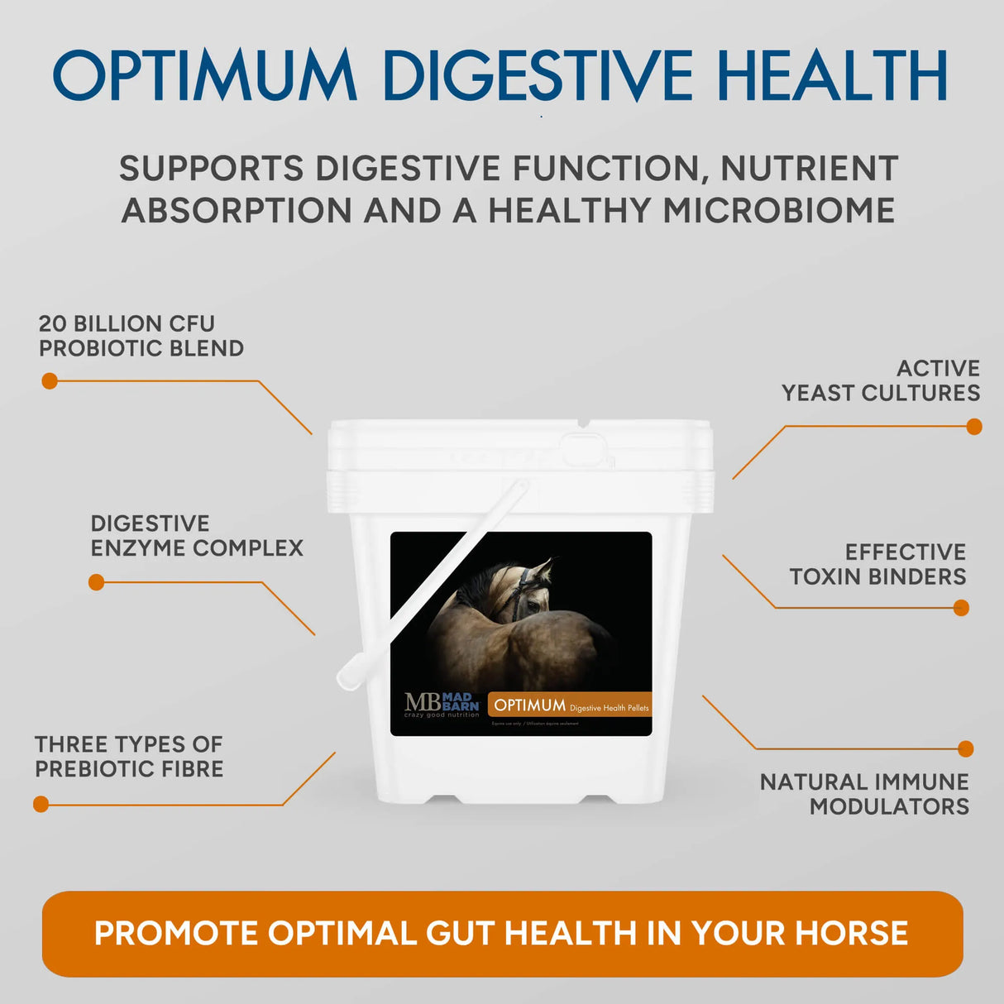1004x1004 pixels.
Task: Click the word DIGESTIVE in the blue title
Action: [538, 75]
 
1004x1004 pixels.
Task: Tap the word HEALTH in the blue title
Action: [832, 75]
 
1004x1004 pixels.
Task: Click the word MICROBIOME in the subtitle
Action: [779, 210]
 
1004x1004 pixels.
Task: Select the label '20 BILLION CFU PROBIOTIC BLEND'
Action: [141, 336]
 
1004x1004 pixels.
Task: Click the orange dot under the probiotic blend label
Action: [50, 381]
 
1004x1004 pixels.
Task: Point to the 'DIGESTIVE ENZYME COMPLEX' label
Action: [197, 536]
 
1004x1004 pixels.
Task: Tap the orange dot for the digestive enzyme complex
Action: [97, 582]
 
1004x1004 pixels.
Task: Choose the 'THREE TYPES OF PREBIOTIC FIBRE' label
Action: [129, 757]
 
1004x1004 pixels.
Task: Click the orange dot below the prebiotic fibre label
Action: [41, 804]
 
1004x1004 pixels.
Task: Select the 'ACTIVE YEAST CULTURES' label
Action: [882, 380]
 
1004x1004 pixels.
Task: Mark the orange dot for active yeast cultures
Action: [974, 427]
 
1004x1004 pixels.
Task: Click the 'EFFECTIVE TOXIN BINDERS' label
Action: [878, 564]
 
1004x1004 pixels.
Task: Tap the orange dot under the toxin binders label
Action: [961, 608]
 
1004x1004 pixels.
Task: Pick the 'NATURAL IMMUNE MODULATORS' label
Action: [865, 794]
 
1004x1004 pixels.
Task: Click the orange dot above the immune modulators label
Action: [965, 749]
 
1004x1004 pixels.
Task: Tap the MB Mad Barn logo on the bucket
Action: [442, 705]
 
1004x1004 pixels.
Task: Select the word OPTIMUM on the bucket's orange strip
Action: [530, 705]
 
